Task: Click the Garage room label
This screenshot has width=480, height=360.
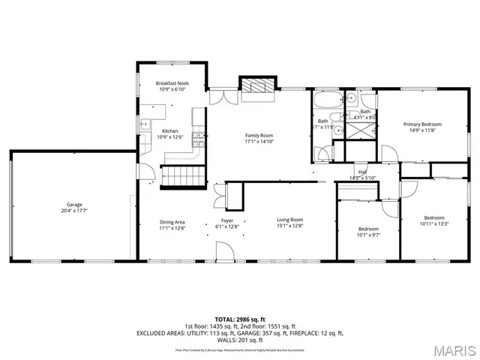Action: tap(73, 204)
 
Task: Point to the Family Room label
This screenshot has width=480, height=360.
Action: tap(259, 135)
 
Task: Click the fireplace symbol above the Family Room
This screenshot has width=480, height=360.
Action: tap(258, 86)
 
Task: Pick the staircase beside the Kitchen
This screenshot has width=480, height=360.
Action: tap(184, 177)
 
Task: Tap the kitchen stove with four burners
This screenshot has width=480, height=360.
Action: tap(199, 138)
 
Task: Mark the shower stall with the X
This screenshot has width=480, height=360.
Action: tap(364, 129)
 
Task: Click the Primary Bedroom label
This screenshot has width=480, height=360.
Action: tap(422, 124)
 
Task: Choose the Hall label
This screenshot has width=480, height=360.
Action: tap(362, 172)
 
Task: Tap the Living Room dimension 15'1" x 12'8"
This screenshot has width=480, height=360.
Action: tap(289, 226)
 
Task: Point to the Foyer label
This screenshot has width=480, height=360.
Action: tap(226, 220)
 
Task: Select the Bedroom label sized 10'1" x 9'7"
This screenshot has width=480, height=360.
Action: tap(367, 229)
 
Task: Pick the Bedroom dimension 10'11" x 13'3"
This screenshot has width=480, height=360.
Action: tap(433, 223)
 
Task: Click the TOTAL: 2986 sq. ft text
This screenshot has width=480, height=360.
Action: tap(239, 319)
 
